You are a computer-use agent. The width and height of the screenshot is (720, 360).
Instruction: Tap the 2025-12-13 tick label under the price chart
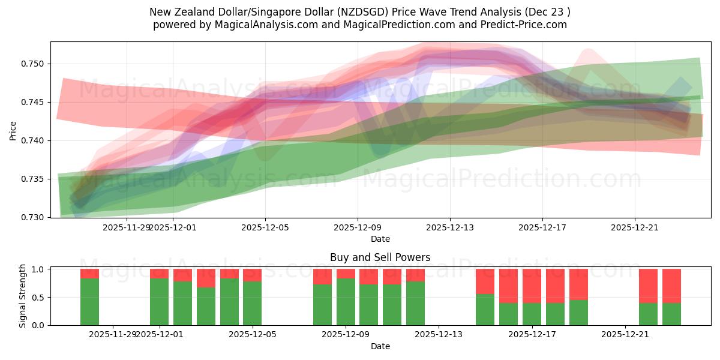(450, 227)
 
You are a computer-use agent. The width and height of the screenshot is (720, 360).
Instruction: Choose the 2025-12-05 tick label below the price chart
(265, 227)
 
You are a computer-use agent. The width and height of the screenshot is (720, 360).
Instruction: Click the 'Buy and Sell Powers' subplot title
(380, 257)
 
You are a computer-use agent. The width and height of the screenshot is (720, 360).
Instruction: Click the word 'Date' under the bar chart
(380, 346)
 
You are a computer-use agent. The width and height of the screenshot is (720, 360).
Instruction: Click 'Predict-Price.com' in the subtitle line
(520, 25)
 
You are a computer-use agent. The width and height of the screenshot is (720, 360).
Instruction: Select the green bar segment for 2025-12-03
(206, 306)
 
